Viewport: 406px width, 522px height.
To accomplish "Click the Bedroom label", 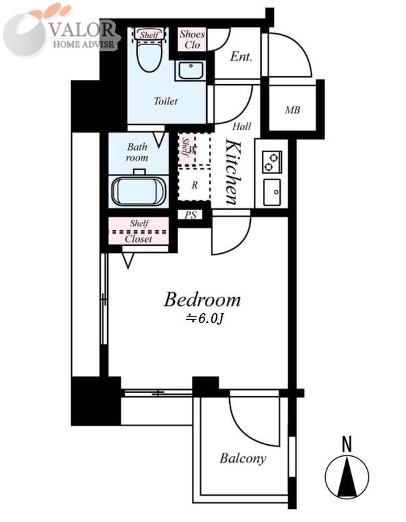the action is point(202,299).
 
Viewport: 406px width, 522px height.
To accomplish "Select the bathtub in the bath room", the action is point(138,191).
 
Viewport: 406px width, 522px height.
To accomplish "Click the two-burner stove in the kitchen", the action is point(272,162).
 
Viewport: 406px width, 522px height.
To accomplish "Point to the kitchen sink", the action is point(272,192).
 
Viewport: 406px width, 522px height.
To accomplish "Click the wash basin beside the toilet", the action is point(190,70).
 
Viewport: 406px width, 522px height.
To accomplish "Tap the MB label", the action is point(292,110).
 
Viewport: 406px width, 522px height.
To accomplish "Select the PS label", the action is point(191,215).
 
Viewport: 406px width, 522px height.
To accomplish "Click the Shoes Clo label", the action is point(192,39).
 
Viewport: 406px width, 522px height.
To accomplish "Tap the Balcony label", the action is point(243,459).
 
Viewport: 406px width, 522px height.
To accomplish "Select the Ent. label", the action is point(241,57).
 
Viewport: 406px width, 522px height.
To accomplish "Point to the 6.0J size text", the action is point(204,318).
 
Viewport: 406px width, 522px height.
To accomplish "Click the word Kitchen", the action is point(234,172).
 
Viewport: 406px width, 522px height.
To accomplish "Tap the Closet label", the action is point(138,239).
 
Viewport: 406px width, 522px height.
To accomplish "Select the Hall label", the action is point(242,126).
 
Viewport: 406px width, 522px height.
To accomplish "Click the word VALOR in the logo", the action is point(82,29).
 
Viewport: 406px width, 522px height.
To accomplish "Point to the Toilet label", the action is point(165,100).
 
